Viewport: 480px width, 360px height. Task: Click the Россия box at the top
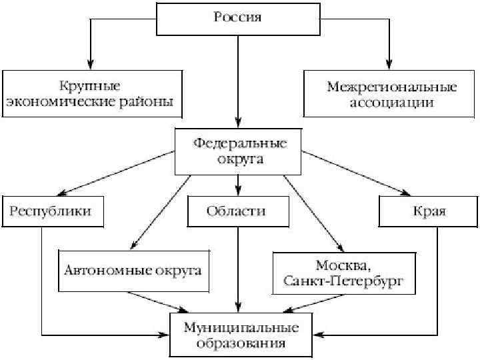tap(238, 18)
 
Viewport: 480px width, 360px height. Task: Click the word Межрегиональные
tap(392, 87)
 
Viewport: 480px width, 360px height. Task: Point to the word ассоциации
tap(392, 103)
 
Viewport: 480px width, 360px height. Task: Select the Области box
tap(237, 211)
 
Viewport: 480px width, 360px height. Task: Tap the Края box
tap(429, 211)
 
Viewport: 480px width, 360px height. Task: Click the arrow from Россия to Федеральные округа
tap(238, 80)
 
